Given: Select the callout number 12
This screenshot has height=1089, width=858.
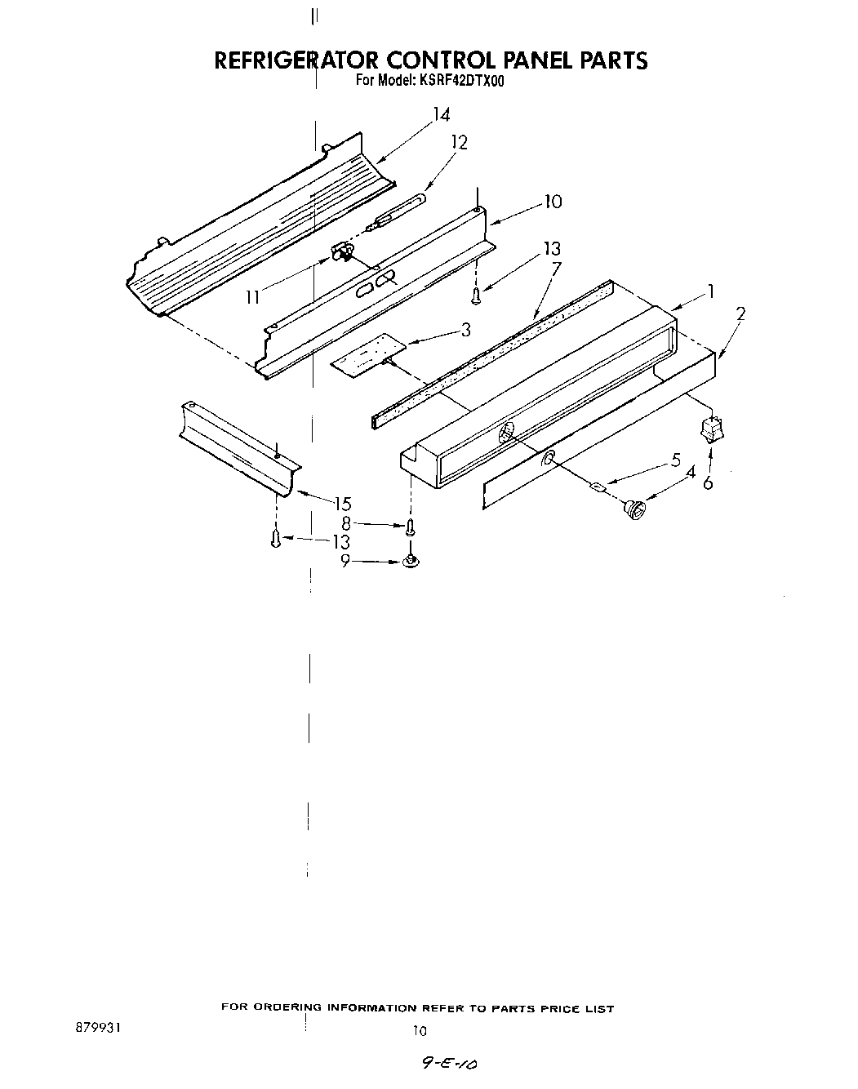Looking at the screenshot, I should [460, 143].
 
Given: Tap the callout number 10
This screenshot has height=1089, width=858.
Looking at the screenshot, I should [553, 202].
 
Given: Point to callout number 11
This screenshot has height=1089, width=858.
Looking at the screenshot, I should [252, 297].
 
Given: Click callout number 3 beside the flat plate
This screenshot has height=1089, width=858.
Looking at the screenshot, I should [465, 330].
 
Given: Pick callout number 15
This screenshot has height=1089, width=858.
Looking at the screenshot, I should [342, 504].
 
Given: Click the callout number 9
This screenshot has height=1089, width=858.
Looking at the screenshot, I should [345, 562].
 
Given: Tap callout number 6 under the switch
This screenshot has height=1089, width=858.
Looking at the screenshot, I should [707, 482].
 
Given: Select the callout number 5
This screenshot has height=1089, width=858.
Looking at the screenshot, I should [675, 460].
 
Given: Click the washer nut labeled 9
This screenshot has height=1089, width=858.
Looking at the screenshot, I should [411, 562].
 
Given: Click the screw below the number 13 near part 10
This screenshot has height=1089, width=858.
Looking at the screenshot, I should [477, 293].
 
